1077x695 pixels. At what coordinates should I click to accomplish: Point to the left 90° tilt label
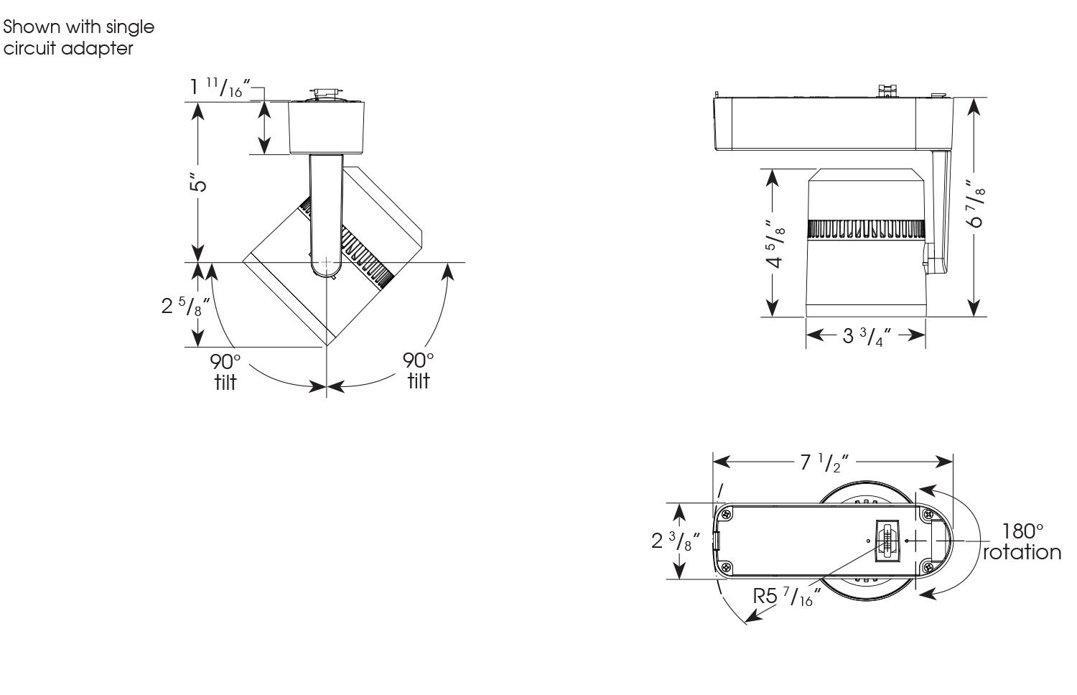225,370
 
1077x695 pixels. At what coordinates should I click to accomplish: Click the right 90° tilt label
419,370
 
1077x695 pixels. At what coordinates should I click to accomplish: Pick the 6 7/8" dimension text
975,205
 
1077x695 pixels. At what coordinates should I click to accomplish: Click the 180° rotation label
1022,542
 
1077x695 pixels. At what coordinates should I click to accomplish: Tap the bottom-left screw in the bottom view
727,566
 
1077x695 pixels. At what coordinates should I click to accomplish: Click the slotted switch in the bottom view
890,540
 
